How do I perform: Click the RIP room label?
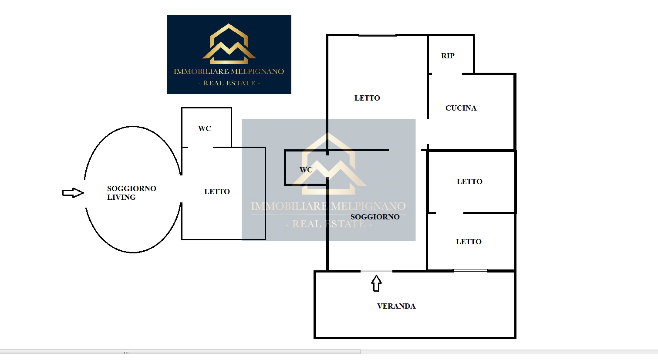[x=448, y=56]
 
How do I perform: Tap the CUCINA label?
[x=461, y=108]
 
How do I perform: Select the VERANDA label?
[x=396, y=306]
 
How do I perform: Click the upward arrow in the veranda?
[x=376, y=283]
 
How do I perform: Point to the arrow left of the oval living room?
[x=73, y=193]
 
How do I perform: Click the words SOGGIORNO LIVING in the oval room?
[x=132, y=193]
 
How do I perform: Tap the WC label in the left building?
[x=204, y=128]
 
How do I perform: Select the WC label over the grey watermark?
[x=306, y=170]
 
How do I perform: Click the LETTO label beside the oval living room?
[x=217, y=192]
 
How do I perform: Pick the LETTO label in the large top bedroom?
[x=367, y=98]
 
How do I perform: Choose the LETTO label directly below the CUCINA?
[x=469, y=182]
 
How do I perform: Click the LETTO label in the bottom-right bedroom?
[x=469, y=242]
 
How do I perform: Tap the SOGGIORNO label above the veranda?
[x=375, y=217]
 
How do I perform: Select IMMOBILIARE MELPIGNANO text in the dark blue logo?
[x=229, y=71]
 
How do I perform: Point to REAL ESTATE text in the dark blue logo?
[x=229, y=83]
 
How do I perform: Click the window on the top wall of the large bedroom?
[x=377, y=35]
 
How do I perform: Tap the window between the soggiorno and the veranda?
[x=376, y=271]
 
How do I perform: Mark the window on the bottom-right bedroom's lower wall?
[x=470, y=270]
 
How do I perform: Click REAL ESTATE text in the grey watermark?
[x=329, y=224]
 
